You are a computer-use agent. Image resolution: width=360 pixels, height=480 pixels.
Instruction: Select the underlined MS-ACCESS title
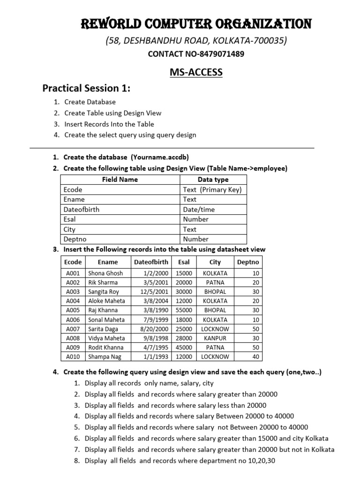pos(195,72)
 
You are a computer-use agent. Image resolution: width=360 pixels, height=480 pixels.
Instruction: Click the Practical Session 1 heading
pos(86,88)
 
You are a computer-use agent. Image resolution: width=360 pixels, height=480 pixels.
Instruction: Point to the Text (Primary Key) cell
pos(212,189)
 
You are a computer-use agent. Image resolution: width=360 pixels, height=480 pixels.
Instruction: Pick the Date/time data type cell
pos(199,210)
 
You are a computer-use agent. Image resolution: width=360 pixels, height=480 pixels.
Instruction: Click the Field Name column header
pos(120,180)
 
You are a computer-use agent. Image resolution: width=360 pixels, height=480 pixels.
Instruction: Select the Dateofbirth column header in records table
pos(151,262)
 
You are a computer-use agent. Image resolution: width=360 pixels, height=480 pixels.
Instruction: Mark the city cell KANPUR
pos(215,338)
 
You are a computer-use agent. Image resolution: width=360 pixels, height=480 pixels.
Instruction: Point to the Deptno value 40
pos(255,356)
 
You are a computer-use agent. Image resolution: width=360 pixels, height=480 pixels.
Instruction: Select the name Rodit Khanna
pos(106,347)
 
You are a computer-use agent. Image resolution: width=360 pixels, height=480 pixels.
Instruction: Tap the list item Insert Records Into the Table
pos(109,124)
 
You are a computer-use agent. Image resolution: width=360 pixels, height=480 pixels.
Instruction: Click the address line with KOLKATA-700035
pos(195,41)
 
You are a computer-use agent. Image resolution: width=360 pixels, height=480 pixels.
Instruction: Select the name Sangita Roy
pos(104,292)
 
